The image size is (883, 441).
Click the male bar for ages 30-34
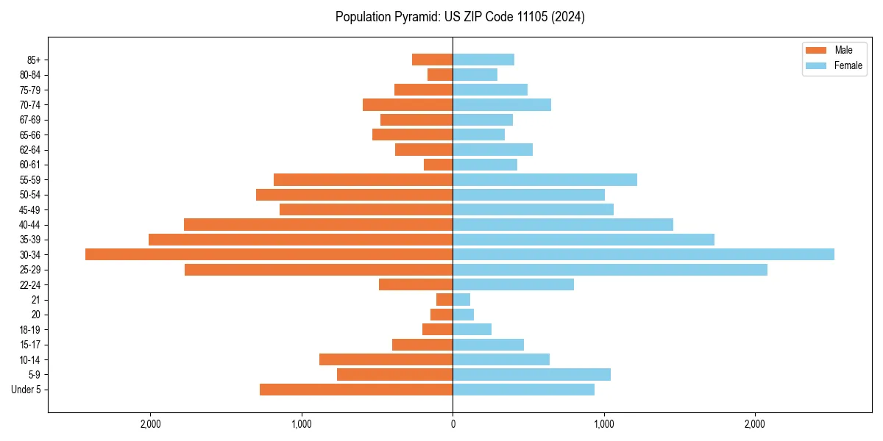(x=269, y=254)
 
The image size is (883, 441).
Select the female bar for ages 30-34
(x=643, y=254)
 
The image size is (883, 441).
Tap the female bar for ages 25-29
(x=610, y=270)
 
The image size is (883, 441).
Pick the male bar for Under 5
(x=356, y=390)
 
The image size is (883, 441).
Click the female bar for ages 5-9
(x=531, y=375)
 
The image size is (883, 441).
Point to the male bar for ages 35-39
(x=300, y=240)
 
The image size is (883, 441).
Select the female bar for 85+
(x=483, y=60)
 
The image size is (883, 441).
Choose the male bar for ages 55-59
(x=363, y=179)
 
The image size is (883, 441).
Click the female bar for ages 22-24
(x=513, y=284)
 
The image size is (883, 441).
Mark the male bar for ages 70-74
(x=408, y=104)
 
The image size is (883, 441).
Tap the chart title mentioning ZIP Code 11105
(x=460, y=17)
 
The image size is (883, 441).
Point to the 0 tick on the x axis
(x=453, y=424)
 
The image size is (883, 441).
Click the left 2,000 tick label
(x=150, y=424)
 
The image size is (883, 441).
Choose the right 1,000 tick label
(x=603, y=424)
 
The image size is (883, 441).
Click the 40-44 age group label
(x=29, y=225)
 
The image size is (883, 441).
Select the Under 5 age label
(x=26, y=390)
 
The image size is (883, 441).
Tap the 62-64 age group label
(x=29, y=150)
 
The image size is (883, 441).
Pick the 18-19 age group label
(x=29, y=330)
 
